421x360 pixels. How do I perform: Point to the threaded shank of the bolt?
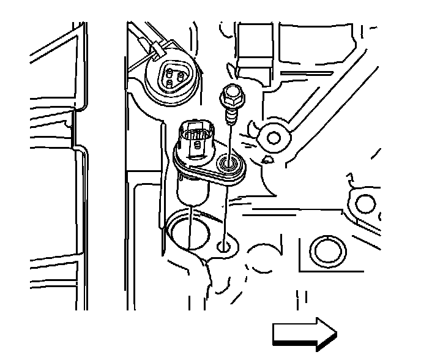click(231, 113)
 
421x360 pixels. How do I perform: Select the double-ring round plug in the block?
click(328, 250)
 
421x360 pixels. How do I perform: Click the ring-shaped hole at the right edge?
click(366, 203)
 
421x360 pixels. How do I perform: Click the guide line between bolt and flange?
click(231, 137)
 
